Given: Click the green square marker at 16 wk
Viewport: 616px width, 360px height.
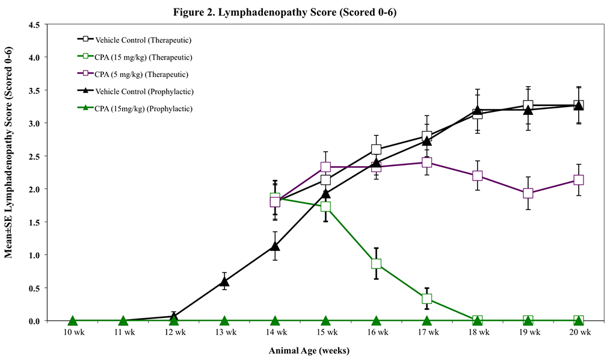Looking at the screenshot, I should pos(377,264).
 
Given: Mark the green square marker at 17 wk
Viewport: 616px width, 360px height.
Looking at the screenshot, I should pos(427,299).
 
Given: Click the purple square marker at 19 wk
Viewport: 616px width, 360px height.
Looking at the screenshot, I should pos(528,193).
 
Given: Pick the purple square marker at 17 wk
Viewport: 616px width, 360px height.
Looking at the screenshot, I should pos(427,163).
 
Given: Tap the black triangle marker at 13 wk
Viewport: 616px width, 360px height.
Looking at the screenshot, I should pos(224,281).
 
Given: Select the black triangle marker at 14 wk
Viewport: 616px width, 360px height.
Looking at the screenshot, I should pos(275,246).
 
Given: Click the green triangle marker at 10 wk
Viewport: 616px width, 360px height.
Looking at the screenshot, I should pos(72,320).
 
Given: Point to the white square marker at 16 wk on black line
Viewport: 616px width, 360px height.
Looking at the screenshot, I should pos(377,149).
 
